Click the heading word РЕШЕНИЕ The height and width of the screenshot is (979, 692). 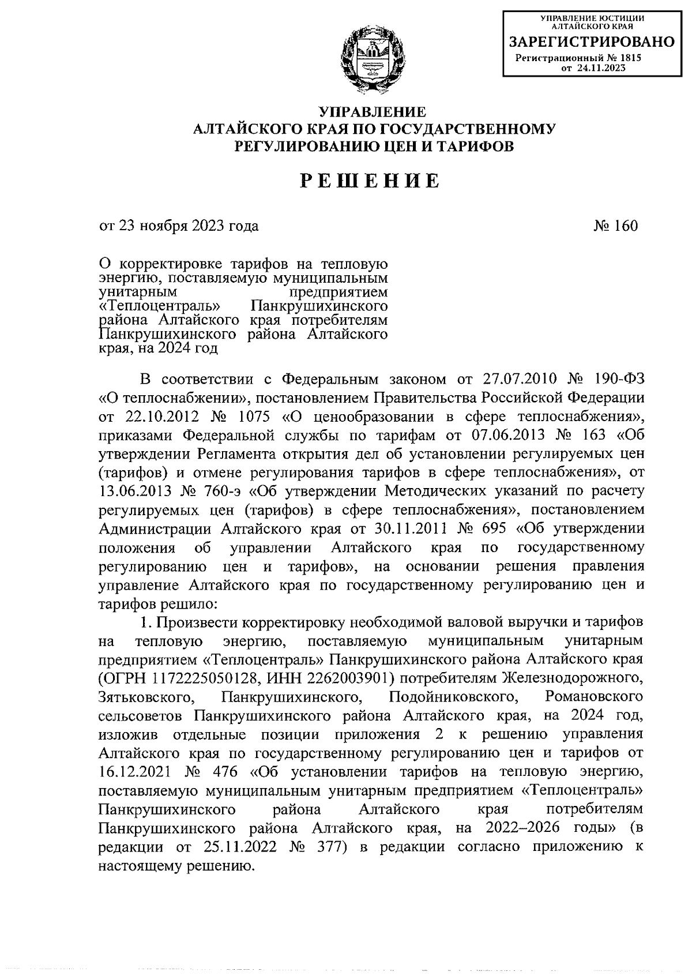click(371, 181)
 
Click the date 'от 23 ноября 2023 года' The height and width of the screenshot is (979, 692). click(179, 225)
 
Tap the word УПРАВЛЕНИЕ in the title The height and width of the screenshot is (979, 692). click(373, 111)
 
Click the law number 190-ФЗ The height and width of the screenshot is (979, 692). click(619, 379)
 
